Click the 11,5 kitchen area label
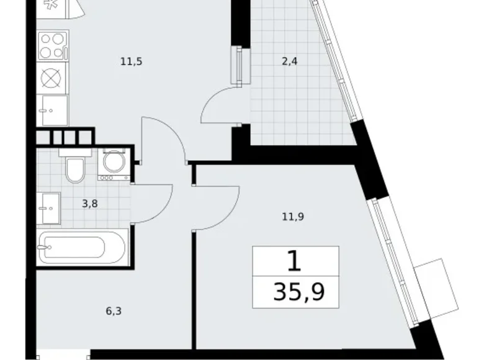(x=127, y=61)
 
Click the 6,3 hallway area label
(x=113, y=311)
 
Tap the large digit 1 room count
(x=295, y=261)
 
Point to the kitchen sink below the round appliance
(x=52, y=110)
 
